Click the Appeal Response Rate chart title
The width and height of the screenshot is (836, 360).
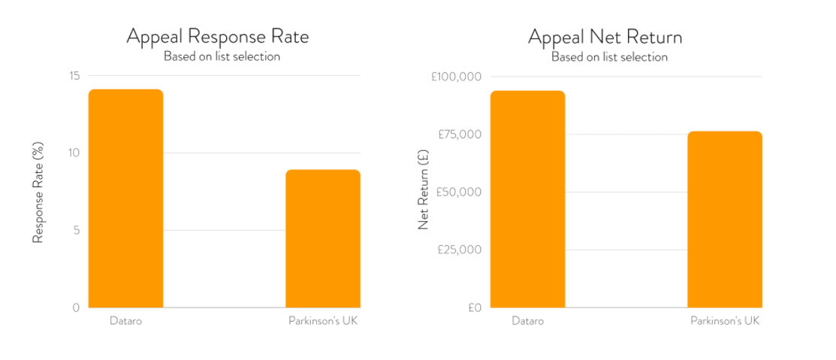pos(217,36)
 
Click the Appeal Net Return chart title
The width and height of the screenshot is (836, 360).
pos(605,36)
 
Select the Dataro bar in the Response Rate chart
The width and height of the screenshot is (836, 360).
pos(125,198)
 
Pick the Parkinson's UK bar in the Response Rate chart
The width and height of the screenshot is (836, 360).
pos(323,238)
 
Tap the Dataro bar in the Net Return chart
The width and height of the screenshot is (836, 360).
pos(527,199)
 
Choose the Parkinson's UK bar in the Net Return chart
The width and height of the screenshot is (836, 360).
pos(725,219)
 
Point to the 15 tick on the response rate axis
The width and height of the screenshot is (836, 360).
pos(74,76)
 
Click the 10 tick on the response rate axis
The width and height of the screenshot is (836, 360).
pos(74,153)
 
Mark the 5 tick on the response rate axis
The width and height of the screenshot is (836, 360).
pos(77,230)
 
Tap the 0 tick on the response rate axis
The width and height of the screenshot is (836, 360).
pos(77,307)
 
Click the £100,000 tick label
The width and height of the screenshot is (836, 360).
pos(457,77)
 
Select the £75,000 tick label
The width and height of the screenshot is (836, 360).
pos(460,135)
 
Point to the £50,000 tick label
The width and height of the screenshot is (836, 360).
pos(460,192)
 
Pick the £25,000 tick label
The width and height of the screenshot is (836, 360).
pos(460,250)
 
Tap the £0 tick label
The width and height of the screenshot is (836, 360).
pos(474,307)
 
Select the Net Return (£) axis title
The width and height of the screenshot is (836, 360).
pos(423,192)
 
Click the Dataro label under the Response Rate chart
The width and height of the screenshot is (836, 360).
pos(125,321)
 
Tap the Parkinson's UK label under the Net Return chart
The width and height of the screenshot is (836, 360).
pos(725,321)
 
